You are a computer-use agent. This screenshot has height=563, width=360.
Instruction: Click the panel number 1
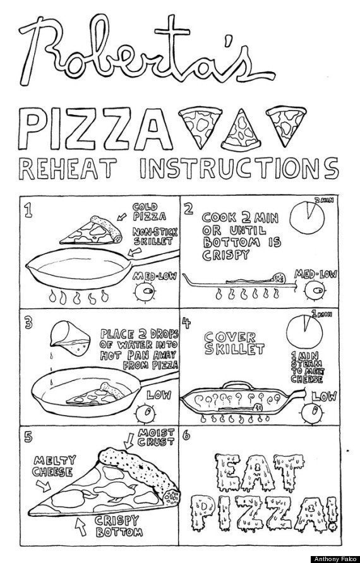pos(28,210)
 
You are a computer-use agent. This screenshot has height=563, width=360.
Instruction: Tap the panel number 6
pos(186,436)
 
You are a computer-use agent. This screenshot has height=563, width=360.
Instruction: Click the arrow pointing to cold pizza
pos(123,216)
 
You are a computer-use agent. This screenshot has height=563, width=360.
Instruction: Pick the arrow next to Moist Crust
pos(128,441)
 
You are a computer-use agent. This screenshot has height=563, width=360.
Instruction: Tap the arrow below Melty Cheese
pos(44,485)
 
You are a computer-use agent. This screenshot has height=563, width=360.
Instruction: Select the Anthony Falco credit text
pos(335,559)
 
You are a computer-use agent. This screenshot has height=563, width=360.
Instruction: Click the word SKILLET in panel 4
pos(234,349)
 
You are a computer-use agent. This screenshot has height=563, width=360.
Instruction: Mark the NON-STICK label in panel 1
pos(155,231)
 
